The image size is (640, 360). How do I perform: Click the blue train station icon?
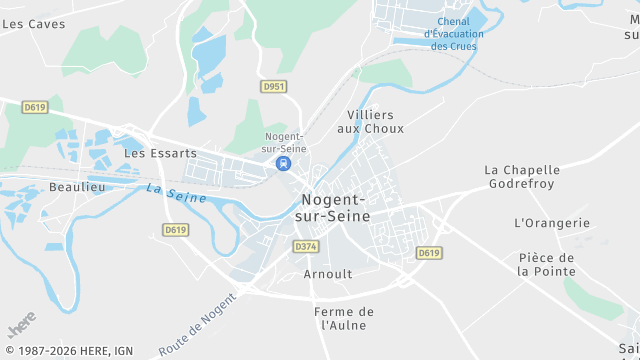(x=284, y=163)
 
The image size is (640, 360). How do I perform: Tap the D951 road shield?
(x=274, y=87)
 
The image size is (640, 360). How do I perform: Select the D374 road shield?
(x=306, y=246)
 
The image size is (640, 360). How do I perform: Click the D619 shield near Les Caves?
(x=35, y=107)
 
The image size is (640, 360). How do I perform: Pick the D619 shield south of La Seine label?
(x=175, y=230)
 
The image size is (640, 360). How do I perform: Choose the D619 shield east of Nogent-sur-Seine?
(x=429, y=253)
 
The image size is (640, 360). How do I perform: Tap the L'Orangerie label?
(x=552, y=223)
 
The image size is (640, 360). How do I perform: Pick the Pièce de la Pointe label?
(x=547, y=264)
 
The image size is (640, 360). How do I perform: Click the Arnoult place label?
(x=327, y=273)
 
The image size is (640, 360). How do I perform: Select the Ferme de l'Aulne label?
(x=344, y=318)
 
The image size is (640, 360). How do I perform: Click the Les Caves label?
(x=33, y=23)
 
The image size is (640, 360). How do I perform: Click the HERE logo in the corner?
(x=22, y=328)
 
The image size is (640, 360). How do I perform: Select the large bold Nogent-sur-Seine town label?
(x=334, y=207)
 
